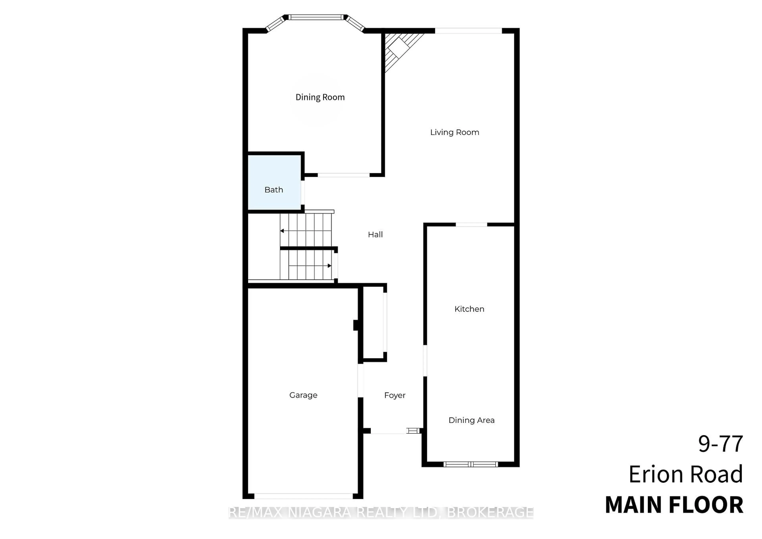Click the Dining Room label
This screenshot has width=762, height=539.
coord(320,97)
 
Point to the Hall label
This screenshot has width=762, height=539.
coord(375,235)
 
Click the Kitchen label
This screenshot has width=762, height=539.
coord(469,309)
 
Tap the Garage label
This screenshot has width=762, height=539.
coord(303,395)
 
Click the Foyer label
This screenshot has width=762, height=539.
coord(394,395)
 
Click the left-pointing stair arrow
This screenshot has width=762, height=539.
coord(282,231)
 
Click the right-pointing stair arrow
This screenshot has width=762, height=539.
coord(329,266)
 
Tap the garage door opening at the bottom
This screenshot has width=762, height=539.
coord(303,496)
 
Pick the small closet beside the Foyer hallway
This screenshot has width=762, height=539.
coord(373,323)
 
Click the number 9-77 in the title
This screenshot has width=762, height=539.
coord(720,444)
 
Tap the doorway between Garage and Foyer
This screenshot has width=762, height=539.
coord(360,380)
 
